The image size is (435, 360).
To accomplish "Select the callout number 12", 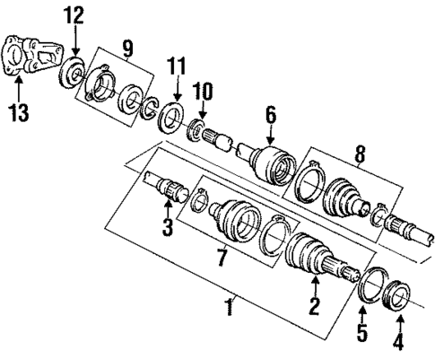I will [x=74, y=15].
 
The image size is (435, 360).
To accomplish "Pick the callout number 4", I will [x=399, y=342].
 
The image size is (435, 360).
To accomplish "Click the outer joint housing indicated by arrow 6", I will [x=271, y=165].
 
